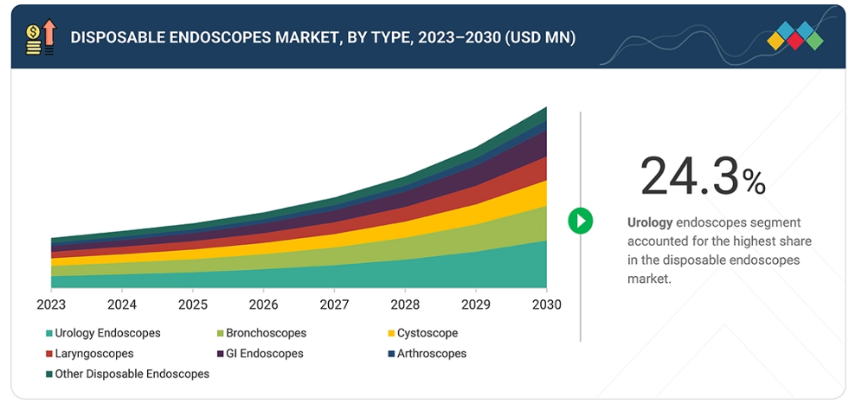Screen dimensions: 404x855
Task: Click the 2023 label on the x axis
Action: [x=51, y=305]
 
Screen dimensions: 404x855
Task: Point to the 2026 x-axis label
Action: [x=263, y=305]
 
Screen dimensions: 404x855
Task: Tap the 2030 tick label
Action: [x=546, y=305]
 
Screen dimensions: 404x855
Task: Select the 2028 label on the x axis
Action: [x=405, y=305]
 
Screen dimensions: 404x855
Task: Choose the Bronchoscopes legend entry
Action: [x=266, y=333]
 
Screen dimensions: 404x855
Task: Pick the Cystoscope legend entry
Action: [x=427, y=333]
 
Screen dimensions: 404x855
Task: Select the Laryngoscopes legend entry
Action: [x=93, y=354]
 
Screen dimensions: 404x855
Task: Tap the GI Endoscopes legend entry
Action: [x=264, y=354]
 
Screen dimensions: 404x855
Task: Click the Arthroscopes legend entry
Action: [x=431, y=354]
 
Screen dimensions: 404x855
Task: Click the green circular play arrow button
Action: [x=580, y=221]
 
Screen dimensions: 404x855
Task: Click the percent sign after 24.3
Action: [x=754, y=182]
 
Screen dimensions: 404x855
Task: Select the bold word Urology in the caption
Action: [x=650, y=222]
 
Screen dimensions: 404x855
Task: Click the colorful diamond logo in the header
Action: [x=795, y=36]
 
